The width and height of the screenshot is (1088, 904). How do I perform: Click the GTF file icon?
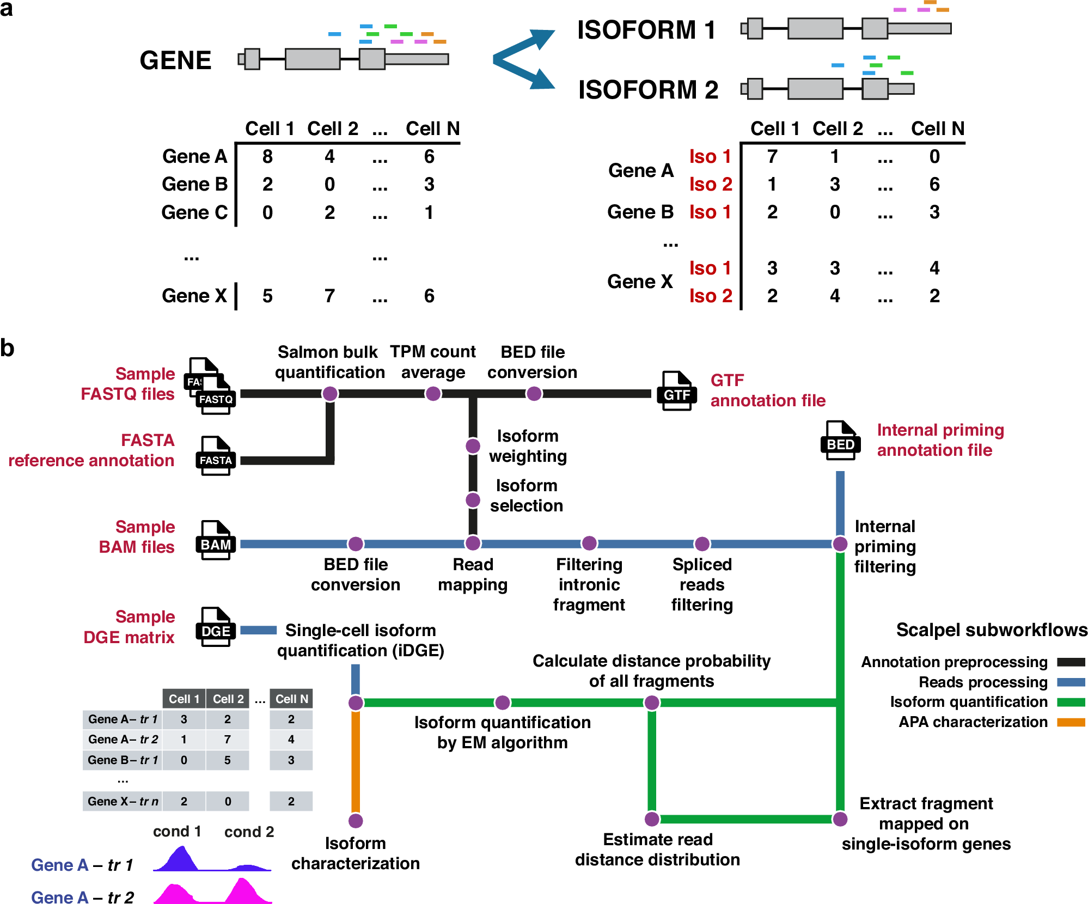click(x=677, y=391)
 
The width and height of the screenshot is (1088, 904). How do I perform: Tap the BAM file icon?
click(x=216, y=540)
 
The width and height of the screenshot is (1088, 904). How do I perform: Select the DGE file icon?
click(x=216, y=627)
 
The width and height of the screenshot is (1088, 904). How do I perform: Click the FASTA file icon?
click(x=216, y=456)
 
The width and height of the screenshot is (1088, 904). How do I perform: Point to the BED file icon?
click(x=840, y=441)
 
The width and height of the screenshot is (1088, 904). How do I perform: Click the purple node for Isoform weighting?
click(x=473, y=446)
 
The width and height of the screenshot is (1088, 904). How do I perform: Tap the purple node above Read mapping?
click(x=473, y=543)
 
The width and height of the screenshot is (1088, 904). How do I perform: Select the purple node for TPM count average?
click(x=433, y=393)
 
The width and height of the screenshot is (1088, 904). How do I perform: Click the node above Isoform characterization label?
click(x=356, y=820)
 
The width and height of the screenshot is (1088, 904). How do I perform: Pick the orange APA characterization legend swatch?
click(x=1071, y=722)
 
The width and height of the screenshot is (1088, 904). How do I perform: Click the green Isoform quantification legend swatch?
click(x=1071, y=702)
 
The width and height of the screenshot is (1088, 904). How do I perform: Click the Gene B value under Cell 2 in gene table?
click(x=329, y=185)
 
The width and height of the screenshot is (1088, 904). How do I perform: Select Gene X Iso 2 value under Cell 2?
click(x=835, y=296)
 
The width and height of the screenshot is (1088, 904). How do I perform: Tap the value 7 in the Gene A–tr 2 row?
click(x=227, y=740)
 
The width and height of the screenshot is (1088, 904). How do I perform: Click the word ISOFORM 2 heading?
click(x=648, y=90)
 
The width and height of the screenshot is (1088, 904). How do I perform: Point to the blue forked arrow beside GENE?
click(x=523, y=59)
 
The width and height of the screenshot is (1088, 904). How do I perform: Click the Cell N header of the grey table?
click(x=292, y=699)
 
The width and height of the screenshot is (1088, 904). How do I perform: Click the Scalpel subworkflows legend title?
click(x=992, y=630)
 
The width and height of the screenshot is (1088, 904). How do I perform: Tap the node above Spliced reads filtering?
click(x=702, y=543)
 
